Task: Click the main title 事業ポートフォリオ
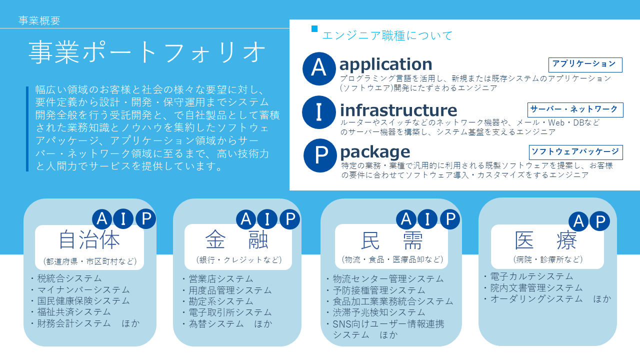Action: point(147,52)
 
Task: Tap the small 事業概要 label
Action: point(39,20)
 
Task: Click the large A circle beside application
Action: point(319,68)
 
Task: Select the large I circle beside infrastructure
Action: point(319,112)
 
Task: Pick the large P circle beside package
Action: point(320,155)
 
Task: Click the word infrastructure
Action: point(398,110)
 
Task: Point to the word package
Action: point(375,152)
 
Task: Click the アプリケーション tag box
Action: point(585,65)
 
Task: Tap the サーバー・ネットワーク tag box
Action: point(575,109)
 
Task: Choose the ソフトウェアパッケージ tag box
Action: point(575,152)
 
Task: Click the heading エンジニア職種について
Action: point(387,35)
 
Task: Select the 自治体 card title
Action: point(89,240)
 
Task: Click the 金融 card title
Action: point(237,240)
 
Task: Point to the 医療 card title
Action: point(545,240)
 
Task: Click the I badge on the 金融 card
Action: point(267,219)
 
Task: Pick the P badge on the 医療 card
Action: point(599,221)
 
